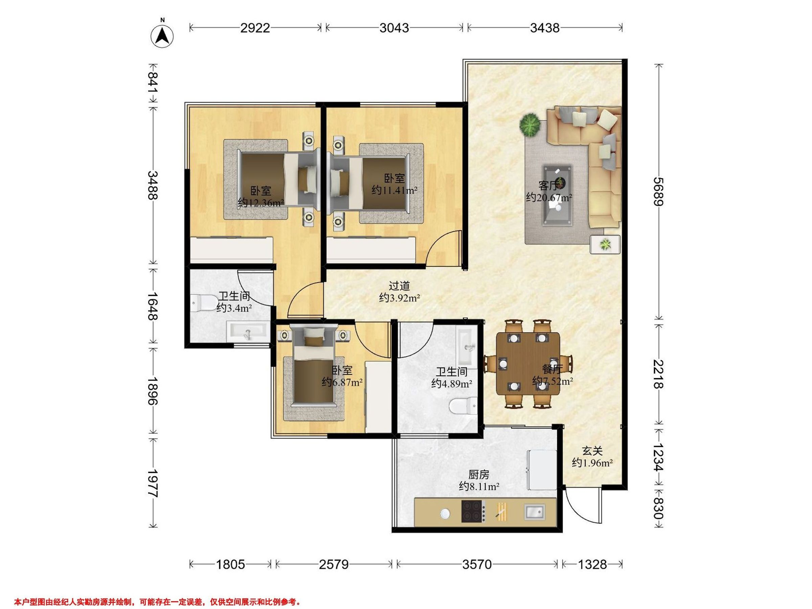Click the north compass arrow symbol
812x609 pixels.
[x=162, y=36]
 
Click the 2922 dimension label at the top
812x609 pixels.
[x=255, y=28]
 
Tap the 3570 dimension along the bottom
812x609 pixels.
[x=476, y=565]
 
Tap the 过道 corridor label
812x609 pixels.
[x=399, y=286]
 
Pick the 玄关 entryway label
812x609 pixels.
[x=592, y=451]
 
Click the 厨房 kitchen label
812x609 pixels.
[x=479, y=475]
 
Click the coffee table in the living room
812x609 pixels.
[x=558, y=195]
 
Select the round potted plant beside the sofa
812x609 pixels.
[x=530, y=125]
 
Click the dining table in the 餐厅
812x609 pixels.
[x=528, y=363]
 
